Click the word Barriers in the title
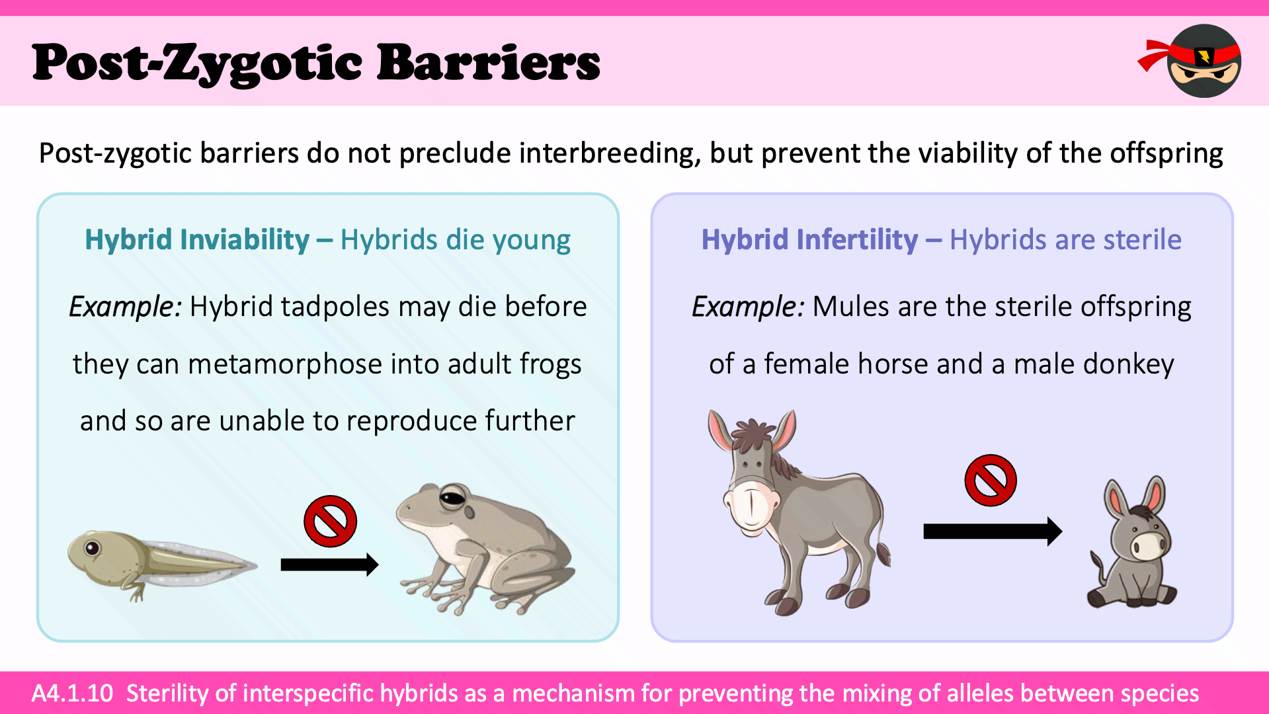click(x=489, y=62)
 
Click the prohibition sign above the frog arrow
click(x=330, y=521)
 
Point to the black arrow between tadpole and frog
click(x=329, y=564)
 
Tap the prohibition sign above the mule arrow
click(x=990, y=480)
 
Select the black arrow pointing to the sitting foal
click(x=993, y=531)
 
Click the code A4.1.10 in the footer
click(x=73, y=693)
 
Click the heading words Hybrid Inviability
click(x=197, y=239)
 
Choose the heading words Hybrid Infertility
click(x=809, y=239)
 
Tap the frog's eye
click(x=452, y=496)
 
